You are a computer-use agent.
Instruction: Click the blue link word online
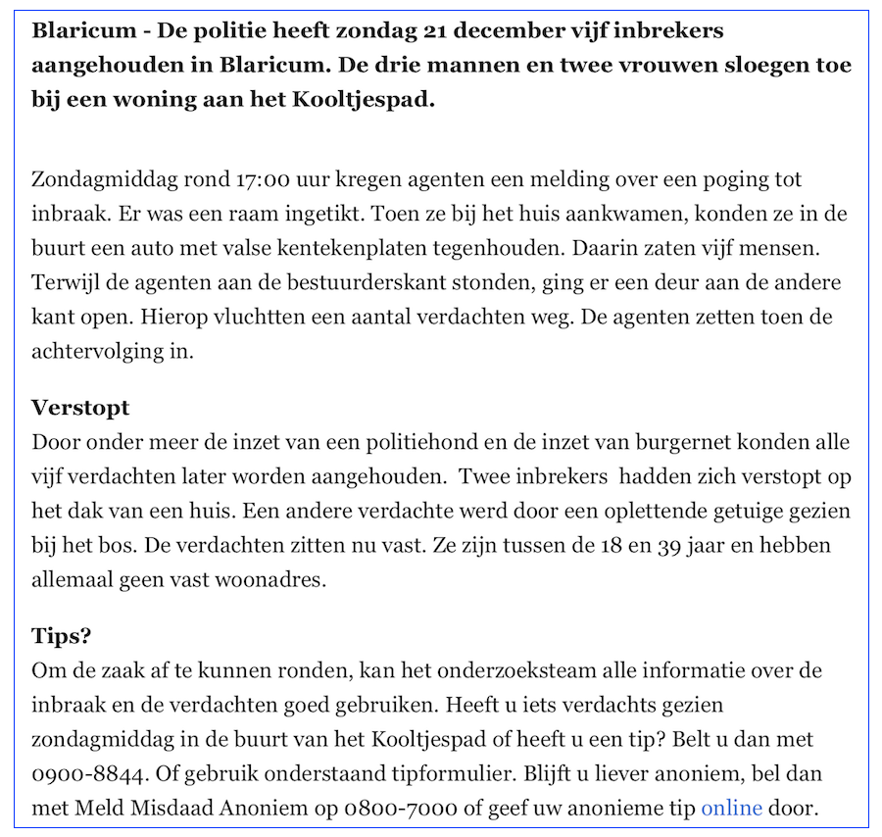(731, 808)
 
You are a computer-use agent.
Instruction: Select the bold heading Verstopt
(80, 408)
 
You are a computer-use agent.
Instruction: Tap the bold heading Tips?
(62, 636)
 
